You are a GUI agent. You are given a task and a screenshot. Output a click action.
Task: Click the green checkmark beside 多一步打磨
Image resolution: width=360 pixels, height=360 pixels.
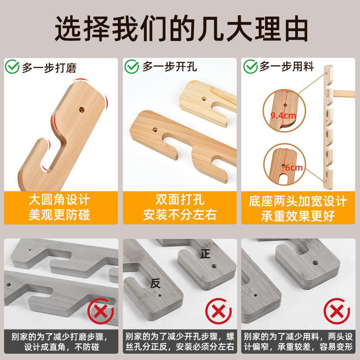pos(12,67)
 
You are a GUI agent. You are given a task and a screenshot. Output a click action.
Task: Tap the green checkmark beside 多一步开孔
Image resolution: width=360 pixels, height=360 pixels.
pos(131,67)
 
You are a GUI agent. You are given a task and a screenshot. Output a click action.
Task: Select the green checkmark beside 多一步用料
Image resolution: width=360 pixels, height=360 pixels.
pos(251,67)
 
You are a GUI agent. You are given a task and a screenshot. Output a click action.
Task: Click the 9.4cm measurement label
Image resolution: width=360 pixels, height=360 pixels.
pos(283,116)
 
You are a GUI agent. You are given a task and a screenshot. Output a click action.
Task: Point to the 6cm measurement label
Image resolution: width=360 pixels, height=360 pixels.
pos(294,167)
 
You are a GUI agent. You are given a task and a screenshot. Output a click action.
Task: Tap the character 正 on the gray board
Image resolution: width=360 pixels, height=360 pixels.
pos(205,254)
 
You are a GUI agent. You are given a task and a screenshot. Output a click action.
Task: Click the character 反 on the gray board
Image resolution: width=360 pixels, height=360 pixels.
pos(155,283)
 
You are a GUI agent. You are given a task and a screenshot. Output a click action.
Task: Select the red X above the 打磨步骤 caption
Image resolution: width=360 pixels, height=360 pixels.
pos(100,311)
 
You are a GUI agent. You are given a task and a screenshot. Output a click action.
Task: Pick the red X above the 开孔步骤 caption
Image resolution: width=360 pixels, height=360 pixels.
pos(219,311)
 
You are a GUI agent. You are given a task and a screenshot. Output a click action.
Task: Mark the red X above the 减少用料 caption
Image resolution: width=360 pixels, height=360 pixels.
pos(337,311)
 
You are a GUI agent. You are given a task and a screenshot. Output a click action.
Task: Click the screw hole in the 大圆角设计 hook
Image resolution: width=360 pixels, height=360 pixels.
pos(81,110)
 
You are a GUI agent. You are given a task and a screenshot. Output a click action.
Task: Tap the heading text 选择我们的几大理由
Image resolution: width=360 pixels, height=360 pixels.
pos(181,28)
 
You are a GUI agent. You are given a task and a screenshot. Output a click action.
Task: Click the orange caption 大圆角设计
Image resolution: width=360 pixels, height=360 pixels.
pos(59,200)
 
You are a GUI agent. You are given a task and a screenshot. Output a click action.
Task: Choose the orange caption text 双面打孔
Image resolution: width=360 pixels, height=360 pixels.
pos(180,199)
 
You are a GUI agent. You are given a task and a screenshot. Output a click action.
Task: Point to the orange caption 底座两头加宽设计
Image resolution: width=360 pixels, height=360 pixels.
pos(298,201)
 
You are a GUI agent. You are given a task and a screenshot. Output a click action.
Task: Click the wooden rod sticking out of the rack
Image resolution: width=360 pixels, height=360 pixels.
pos(344,94)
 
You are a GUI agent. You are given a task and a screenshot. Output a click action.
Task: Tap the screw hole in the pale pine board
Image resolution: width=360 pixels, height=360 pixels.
pos(204,99)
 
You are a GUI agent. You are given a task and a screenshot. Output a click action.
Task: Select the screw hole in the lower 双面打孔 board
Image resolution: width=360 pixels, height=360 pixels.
pos(155,130)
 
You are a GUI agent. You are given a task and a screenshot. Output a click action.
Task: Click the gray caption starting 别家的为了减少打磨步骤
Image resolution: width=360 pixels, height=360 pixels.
pos(59,342)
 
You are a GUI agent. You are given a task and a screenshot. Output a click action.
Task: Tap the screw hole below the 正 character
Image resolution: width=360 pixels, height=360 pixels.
pos(214,266)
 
